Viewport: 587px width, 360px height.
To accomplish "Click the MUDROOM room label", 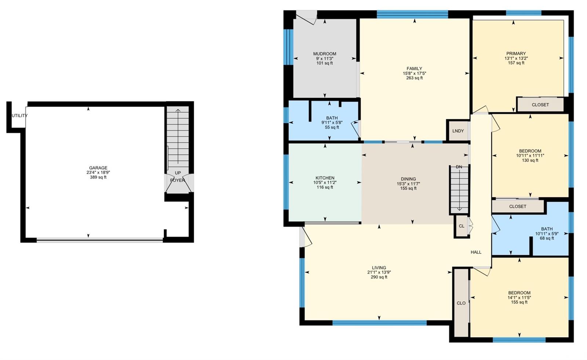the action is click(x=324, y=54).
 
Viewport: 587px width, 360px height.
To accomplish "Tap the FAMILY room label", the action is click(x=414, y=69).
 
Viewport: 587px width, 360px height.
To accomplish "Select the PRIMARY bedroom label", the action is click(x=516, y=54).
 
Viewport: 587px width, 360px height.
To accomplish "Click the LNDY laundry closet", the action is click(x=458, y=131).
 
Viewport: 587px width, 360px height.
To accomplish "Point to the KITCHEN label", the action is click(x=325, y=178).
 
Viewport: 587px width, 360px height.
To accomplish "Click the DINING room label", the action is click(x=408, y=179).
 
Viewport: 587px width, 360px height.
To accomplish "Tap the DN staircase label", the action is click(x=459, y=167).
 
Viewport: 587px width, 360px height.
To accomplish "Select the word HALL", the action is click(x=476, y=252).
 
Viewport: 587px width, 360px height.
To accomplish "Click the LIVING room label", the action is click(x=379, y=268).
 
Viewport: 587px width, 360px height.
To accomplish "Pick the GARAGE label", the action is click(x=98, y=168).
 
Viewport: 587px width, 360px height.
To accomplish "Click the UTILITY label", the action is click(x=20, y=116).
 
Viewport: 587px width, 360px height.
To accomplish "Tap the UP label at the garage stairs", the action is click(x=178, y=173).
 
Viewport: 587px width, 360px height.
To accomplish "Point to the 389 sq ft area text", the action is click(x=98, y=177).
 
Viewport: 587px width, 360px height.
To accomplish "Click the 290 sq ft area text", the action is click(x=379, y=277).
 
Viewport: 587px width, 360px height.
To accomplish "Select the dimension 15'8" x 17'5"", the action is click(x=414, y=73).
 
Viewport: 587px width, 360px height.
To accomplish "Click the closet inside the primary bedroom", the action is click(x=540, y=105).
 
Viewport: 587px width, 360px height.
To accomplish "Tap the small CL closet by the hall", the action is click(x=462, y=226).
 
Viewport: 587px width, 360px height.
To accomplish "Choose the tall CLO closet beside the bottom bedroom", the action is click(x=461, y=303).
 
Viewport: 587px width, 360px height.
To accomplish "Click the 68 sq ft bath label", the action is click(x=547, y=238).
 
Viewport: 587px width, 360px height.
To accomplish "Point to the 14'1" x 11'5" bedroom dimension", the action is click(x=519, y=298).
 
